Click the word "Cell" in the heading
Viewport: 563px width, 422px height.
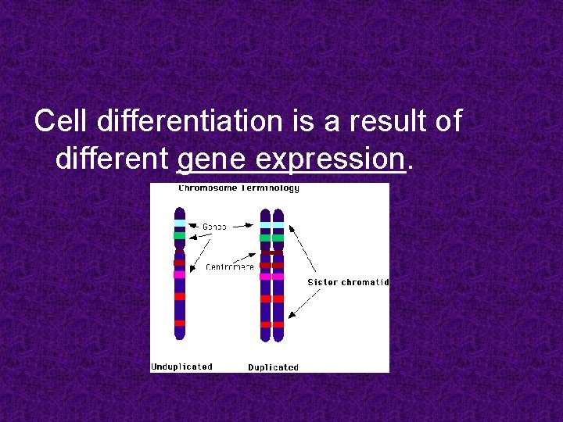coord(62,122)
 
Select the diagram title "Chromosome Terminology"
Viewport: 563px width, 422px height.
coord(238,188)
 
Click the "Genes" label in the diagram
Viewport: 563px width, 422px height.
coord(215,227)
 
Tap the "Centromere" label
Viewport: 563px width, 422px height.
coord(230,267)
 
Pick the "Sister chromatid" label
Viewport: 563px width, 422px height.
coord(348,282)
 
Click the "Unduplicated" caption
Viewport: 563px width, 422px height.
coord(181,366)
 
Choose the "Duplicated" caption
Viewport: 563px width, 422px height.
coord(273,367)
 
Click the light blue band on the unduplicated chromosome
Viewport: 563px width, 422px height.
coord(180,224)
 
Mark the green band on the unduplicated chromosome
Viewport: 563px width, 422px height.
coord(180,234)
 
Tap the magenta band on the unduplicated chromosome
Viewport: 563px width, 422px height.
coord(180,275)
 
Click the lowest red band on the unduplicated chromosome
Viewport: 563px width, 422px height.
coord(180,323)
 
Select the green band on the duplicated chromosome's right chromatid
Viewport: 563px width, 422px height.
coord(278,238)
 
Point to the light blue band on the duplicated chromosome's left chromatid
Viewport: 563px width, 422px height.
coord(266,227)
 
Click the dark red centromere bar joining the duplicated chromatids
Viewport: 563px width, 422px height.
coord(272,252)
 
